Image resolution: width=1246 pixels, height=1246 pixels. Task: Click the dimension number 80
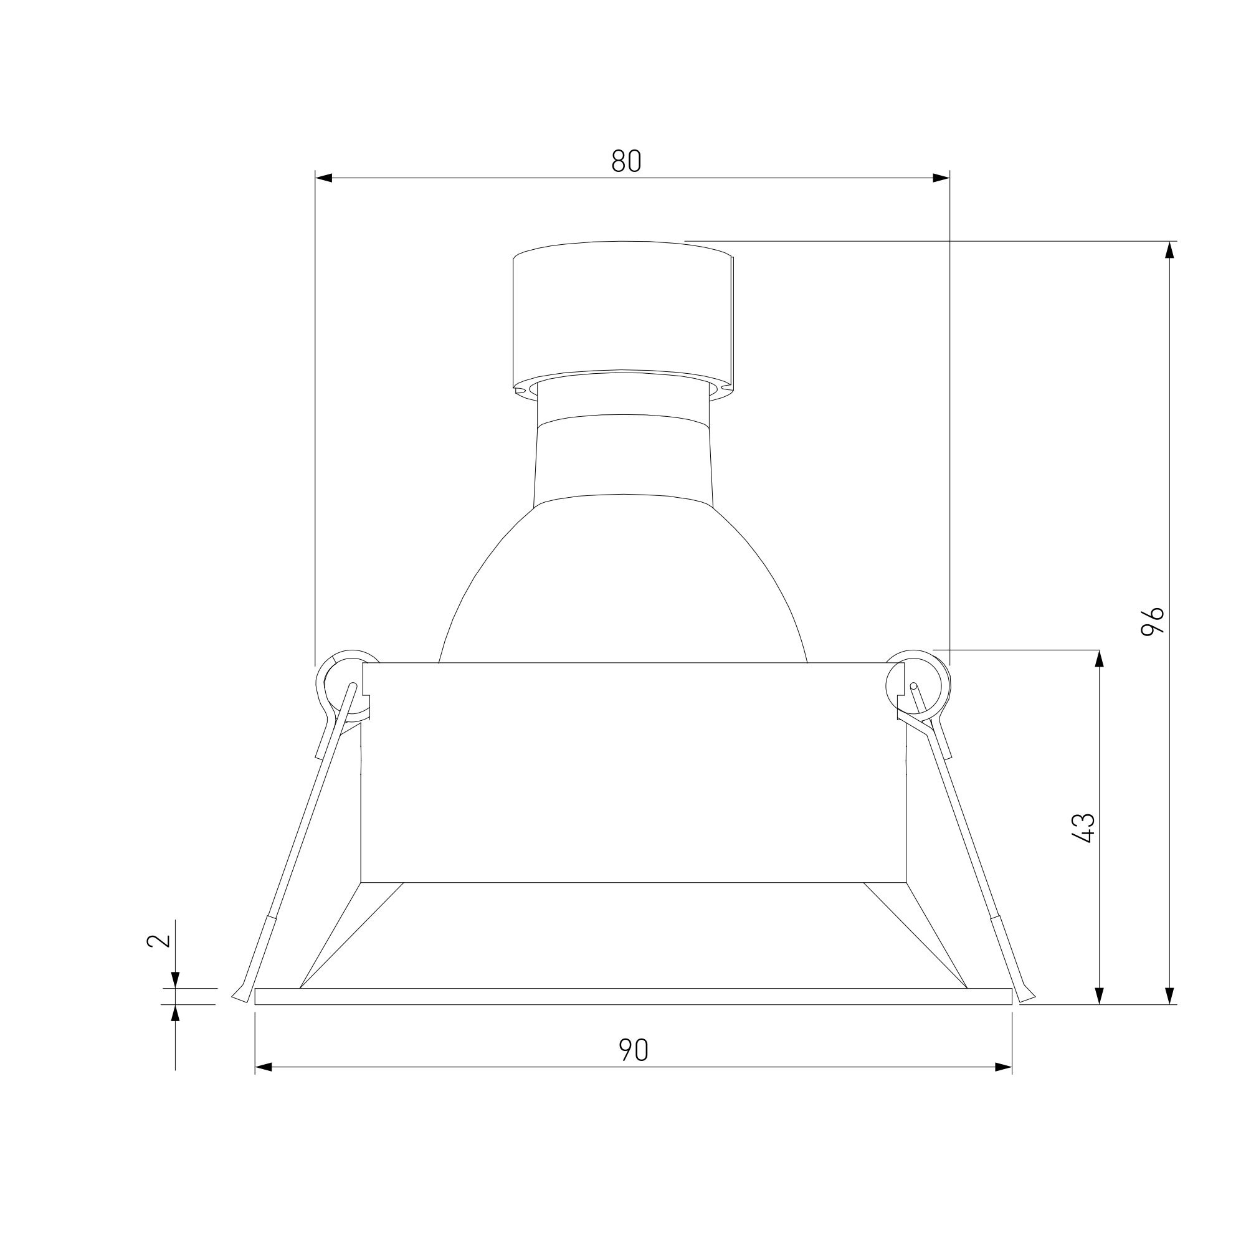pyautogui.click(x=625, y=161)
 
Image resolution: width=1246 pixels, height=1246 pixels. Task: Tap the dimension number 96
pyautogui.click(x=1153, y=622)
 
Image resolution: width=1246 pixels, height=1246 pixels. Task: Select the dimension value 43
pyautogui.click(x=1083, y=828)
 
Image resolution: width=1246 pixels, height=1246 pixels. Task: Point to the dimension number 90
pyautogui.click(x=634, y=1050)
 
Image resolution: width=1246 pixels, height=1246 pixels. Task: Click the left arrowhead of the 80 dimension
pyautogui.click(x=323, y=178)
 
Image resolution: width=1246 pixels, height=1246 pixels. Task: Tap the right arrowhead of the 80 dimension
pyautogui.click(x=941, y=178)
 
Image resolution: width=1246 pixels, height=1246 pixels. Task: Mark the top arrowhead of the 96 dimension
pyautogui.click(x=1169, y=250)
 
